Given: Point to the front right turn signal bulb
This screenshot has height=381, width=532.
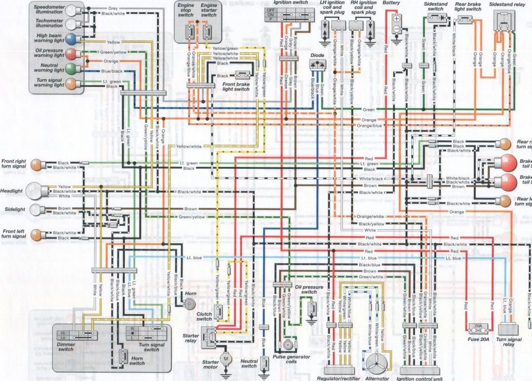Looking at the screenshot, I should pyautogui.click(x=36, y=165).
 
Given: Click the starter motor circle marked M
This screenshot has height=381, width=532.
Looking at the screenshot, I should pyautogui.click(x=225, y=359).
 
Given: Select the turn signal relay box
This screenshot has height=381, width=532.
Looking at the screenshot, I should pyautogui.click(x=510, y=329).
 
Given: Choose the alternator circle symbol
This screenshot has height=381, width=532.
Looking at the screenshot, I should pyautogui.click(x=378, y=362).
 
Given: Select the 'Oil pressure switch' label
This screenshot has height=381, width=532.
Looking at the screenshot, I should pyautogui.click(x=309, y=290).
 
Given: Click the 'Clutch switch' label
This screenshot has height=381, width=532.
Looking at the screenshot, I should pyautogui.click(x=204, y=316).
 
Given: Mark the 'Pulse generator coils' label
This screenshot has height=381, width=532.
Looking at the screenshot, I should pyautogui.click(x=291, y=360).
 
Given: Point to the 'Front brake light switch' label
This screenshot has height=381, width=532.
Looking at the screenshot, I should pyautogui.click(x=229, y=86).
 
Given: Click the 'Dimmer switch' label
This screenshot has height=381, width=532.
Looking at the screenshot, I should pyautogui.click(x=66, y=346).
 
